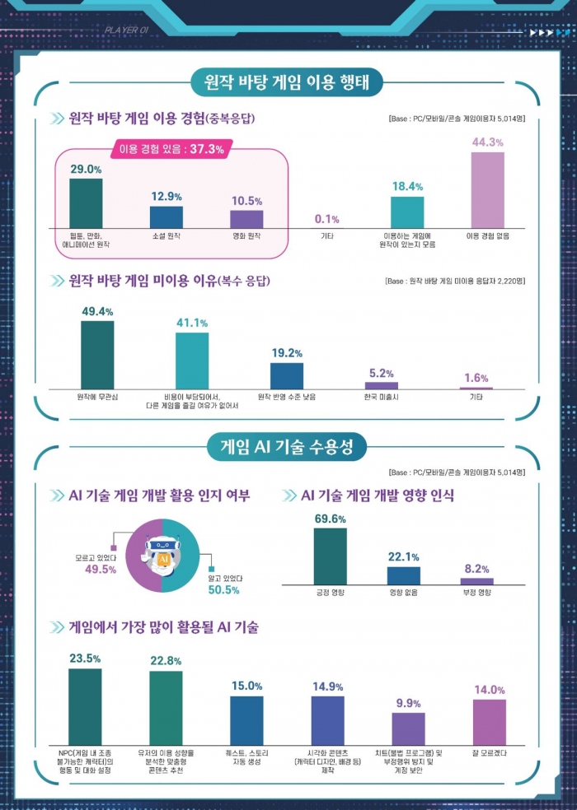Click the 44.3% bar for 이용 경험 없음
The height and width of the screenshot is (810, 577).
488,189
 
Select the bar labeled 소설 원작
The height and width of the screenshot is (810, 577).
167,216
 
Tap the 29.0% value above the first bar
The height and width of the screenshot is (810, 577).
86,169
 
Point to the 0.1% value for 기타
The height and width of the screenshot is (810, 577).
326,219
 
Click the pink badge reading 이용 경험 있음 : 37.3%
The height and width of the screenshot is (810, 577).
172,150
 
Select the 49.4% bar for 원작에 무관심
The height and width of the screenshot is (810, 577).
97,354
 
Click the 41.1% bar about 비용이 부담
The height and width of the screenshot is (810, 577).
192,360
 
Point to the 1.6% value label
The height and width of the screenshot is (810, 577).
476,378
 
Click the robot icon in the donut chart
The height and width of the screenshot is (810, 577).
163,555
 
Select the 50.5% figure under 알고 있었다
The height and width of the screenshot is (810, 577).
224,590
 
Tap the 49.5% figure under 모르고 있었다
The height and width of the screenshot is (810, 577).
101,568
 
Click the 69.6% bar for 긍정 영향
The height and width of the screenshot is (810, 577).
331,556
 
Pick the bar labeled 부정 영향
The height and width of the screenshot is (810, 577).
476,581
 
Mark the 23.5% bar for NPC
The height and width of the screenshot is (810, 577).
85,706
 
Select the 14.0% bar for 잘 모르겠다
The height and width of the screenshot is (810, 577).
490,722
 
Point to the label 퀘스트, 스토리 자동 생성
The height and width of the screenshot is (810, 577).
246,757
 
